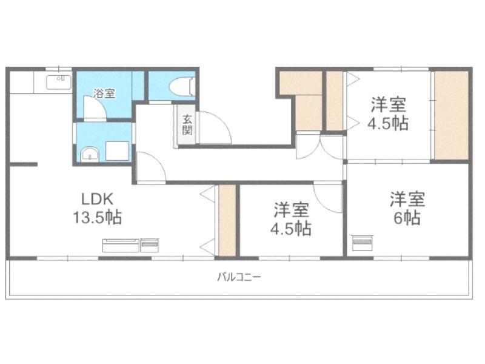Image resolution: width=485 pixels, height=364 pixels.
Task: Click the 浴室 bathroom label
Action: click(104, 93)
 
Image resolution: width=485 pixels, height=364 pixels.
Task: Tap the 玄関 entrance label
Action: click(187, 125)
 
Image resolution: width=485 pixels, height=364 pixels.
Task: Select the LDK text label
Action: click(98, 199)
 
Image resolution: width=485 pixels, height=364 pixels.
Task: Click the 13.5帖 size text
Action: click(97, 217)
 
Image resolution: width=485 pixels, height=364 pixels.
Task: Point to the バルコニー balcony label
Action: click(239, 277)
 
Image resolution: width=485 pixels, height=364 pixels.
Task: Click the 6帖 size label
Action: click(407, 218)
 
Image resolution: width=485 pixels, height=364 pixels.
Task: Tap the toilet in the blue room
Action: click(182, 86)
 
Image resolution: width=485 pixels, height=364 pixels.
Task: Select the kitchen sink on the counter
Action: click(58, 83)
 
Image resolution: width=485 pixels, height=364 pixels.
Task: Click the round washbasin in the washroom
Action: click(90, 154)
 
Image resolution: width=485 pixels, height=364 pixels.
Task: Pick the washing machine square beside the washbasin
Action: click(117, 151)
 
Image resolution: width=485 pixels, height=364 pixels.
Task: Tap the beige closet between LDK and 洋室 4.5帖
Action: click(227, 220)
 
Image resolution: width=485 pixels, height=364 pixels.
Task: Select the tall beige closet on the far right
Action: click(451, 115)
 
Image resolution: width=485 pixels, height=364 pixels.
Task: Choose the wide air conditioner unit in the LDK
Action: click(121, 245)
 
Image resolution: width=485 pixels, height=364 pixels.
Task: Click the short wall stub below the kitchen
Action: click(24, 164)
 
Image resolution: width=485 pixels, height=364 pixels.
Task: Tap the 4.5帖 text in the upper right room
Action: click(388, 123)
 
